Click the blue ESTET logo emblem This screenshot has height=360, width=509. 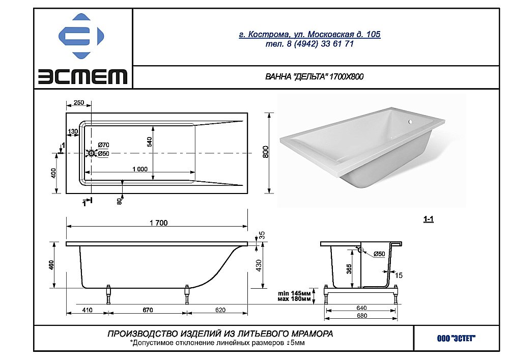coord(81,38)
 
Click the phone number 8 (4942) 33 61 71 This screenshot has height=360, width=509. coord(309,44)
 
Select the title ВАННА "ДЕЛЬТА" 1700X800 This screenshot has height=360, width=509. coord(315,77)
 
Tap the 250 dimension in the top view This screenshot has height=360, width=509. coord(78,103)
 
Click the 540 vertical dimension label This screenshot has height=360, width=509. coord(150,142)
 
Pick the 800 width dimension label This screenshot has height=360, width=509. coord(265,153)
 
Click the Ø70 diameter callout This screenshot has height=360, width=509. coord(104,147)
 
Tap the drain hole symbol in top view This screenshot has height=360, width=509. coord(92,153)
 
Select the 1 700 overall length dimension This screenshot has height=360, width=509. coord(158,223)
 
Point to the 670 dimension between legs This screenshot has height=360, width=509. coord(148,310)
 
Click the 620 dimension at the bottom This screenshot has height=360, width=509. coord(220,310)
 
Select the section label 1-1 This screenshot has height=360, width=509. coord(429,220)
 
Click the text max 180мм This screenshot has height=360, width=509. coord(294,299)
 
